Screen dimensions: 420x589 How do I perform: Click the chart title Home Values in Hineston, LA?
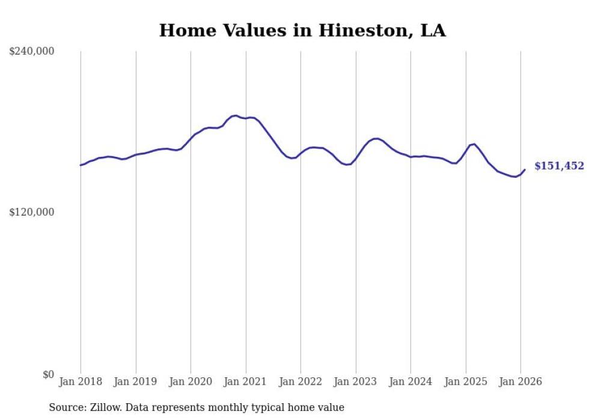[302, 31]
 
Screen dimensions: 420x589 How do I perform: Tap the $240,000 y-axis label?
[32, 52]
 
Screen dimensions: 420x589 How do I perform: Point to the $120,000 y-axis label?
[32, 213]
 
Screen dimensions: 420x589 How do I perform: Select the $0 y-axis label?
[48, 374]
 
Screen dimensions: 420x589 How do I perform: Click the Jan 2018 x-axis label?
[81, 382]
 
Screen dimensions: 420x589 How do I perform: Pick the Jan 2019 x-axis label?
[136, 382]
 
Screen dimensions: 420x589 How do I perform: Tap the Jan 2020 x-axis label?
[191, 382]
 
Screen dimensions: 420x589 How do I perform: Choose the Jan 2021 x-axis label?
[246, 382]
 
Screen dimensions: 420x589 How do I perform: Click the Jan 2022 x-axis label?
[301, 382]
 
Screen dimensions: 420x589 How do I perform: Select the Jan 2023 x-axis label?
[356, 382]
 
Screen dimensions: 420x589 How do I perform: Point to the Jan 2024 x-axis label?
[410, 382]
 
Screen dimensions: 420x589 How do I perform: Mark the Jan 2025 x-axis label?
[466, 382]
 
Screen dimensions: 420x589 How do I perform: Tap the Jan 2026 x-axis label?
[520, 382]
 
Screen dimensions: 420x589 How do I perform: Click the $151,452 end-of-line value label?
[559, 166]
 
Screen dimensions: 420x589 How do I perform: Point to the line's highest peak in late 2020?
[236, 115]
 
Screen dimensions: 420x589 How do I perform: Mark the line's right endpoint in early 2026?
[525, 169]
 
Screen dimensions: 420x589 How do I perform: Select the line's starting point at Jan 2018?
[81, 165]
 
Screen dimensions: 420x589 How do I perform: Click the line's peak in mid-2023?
[376, 138]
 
